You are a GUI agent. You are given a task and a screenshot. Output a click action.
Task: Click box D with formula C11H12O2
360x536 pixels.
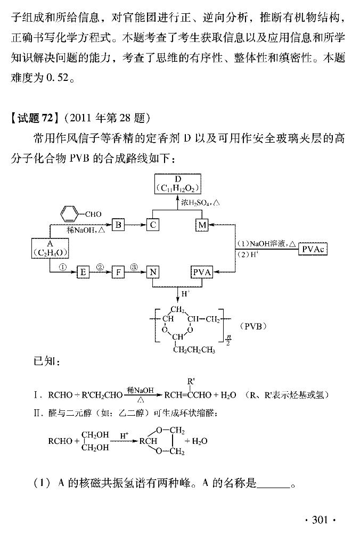(x=178, y=184)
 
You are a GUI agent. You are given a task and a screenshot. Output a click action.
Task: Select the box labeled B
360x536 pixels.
(x=118, y=225)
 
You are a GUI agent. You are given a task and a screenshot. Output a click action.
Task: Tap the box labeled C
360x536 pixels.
(x=153, y=225)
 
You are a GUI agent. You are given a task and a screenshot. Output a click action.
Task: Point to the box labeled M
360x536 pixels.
(x=202, y=225)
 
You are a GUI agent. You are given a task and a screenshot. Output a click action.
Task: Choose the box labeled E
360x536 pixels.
(x=83, y=273)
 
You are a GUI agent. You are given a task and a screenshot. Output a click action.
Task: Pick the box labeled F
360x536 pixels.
(x=118, y=273)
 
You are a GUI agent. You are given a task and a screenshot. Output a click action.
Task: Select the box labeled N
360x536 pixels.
(x=153, y=273)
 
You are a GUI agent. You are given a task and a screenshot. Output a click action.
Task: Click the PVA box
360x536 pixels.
(x=202, y=273)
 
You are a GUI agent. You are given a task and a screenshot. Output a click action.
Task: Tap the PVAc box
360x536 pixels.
(x=314, y=249)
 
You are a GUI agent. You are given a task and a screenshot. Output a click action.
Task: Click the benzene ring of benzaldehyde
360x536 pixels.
(x=68, y=215)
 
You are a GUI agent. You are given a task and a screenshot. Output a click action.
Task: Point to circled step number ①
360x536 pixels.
(x=62, y=266)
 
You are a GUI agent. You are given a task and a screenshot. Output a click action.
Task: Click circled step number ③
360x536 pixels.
(x=134, y=266)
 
